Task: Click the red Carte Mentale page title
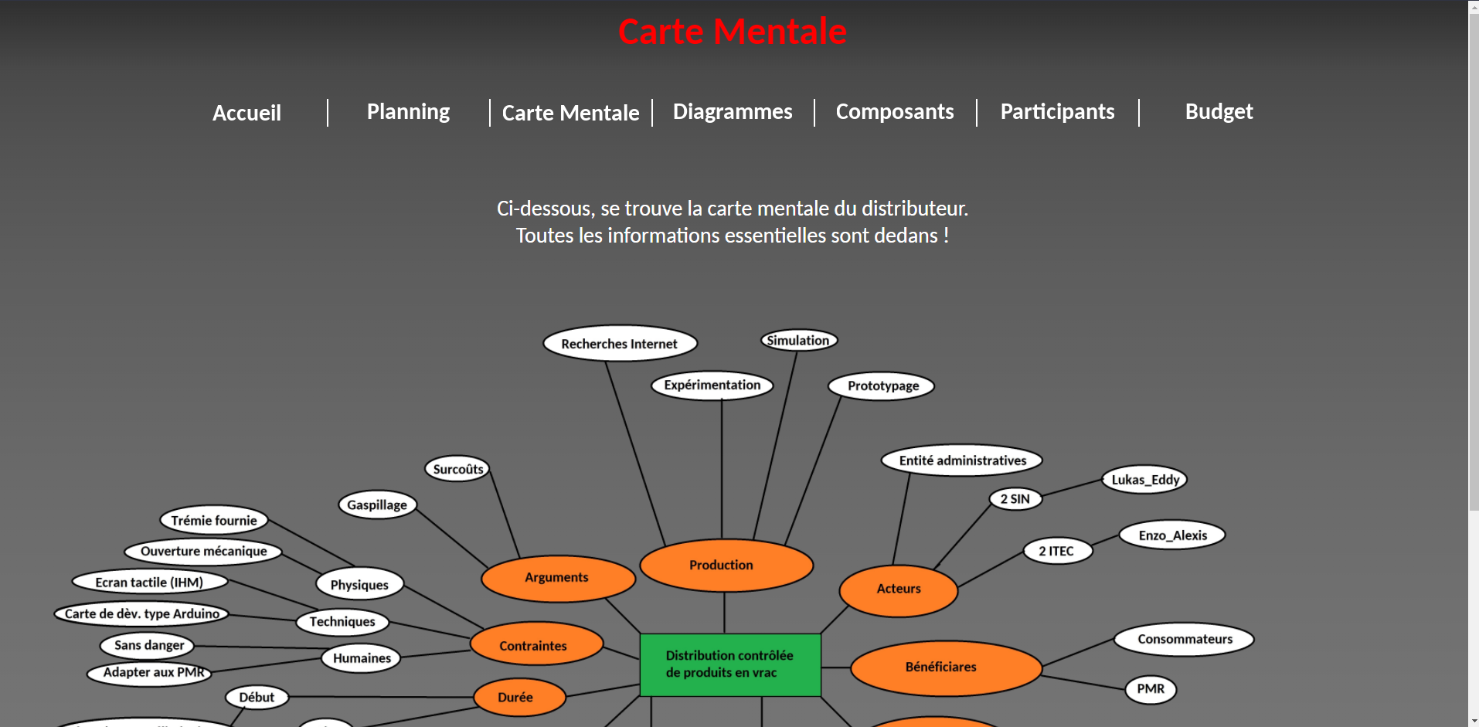732,32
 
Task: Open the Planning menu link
408,112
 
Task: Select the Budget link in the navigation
1219,112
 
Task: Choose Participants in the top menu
1057,112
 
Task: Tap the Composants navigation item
895,112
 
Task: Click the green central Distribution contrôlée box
730,664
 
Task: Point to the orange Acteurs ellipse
899,589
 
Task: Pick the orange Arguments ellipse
557,578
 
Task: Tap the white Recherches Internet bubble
620,344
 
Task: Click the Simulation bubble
798,341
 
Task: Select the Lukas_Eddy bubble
1144,480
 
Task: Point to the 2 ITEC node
1056,551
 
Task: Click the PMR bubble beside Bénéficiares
1151,689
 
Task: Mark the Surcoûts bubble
457,469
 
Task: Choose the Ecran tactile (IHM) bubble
150,583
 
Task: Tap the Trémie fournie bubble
214,521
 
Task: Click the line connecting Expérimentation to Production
722,471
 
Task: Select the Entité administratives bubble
962,461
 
